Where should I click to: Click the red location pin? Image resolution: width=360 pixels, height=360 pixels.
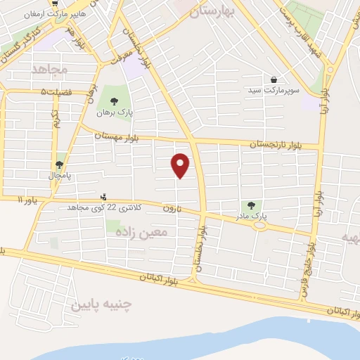(181, 165)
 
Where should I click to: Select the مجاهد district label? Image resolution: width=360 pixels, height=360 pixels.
(48, 69)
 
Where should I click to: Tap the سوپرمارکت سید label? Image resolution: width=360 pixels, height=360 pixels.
(273, 91)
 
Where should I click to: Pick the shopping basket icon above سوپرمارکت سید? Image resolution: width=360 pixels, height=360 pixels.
(273, 80)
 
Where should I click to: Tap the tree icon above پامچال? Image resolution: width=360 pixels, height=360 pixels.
(59, 165)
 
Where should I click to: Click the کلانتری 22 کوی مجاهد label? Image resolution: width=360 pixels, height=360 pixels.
(105, 208)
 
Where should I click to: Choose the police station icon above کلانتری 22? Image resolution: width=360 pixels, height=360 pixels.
(104, 197)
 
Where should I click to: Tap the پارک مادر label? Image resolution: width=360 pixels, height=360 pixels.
(251, 217)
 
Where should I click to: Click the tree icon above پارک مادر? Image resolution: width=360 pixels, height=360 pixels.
(251, 205)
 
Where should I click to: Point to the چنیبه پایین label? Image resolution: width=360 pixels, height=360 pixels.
(99, 303)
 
